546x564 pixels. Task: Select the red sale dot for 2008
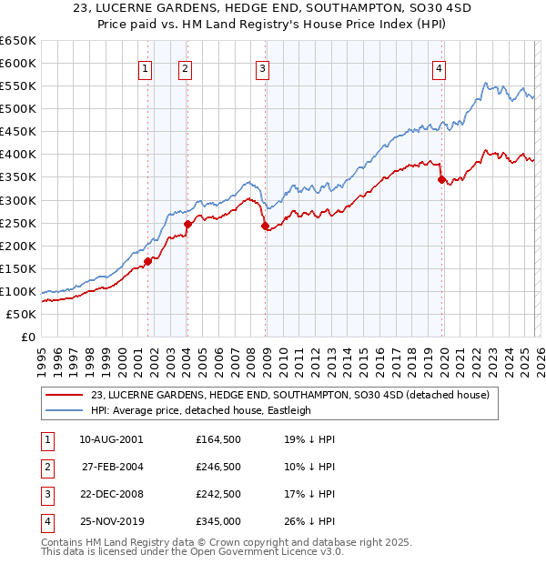point(265,227)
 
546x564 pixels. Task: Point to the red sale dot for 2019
point(441,180)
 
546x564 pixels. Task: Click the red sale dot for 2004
point(187,224)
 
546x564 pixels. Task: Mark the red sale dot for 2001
point(147,261)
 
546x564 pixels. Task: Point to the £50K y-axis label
point(21,314)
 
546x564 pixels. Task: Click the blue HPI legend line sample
point(65,410)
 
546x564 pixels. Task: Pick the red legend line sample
point(65,395)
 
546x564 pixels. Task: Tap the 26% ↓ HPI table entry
point(309,521)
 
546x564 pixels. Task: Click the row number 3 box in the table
point(45,495)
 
